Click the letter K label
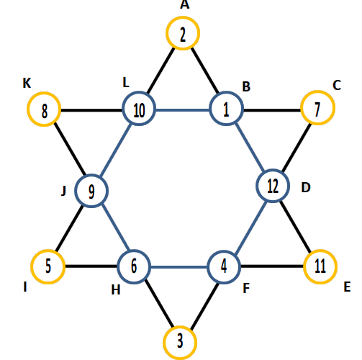click(x=27, y=84)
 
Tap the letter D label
click(x=306, y=187)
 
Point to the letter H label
click(x=116, y=290)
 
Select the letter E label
click(x=347, y=287)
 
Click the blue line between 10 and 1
click(x=183, y=110)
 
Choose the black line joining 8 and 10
click(x=91, y=110)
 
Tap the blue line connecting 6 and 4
click(x=179, y=267)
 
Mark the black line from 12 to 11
click(x=296, y=227)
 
